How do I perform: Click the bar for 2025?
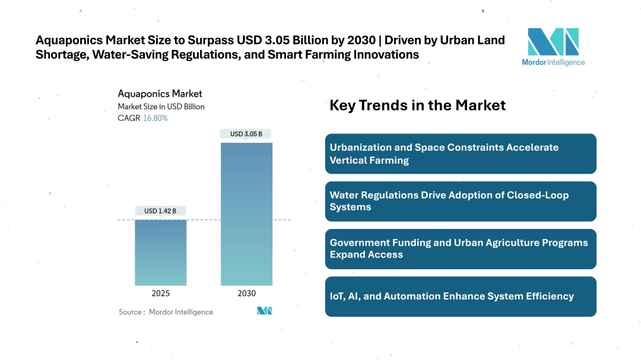pyautogui.click(x=160, y=253)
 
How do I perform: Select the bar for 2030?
pyautogui.click(x=246, y=214)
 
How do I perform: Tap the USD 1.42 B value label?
pyautogui.click(x=160, y=211)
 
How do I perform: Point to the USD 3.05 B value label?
pyautogui.click(x=246, y=133)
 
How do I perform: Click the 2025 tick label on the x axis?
pyautogui.click(x=160, y=293)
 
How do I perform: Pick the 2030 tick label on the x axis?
pyautogui.click(x=246, y=293)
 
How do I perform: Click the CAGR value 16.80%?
pyautogui.click(x=156, y=118)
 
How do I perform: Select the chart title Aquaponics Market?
pyautogui.click(x=160, y=94)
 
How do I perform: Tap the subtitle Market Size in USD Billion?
pyautogui.click(x=161, y=107)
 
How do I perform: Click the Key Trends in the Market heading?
pyautogui.click(x=417, y=106)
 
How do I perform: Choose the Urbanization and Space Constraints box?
pyautogui.click(x=461, y=154)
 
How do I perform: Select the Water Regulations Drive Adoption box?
pyautogui.click(x=461, y=201)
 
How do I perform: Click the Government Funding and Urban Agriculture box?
pyautogui.click(x=461, y=249)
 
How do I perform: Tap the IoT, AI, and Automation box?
pyautogui.click(x=461, y=296)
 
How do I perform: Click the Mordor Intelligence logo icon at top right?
pyautogui.click(x=553, y=42)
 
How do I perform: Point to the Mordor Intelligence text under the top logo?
pyautogui.click(x=553, y=62)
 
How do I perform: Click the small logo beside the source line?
pyautogui.click(x=264, y=311)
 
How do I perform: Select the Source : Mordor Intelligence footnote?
pyautogui.click(x=166, y=312)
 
